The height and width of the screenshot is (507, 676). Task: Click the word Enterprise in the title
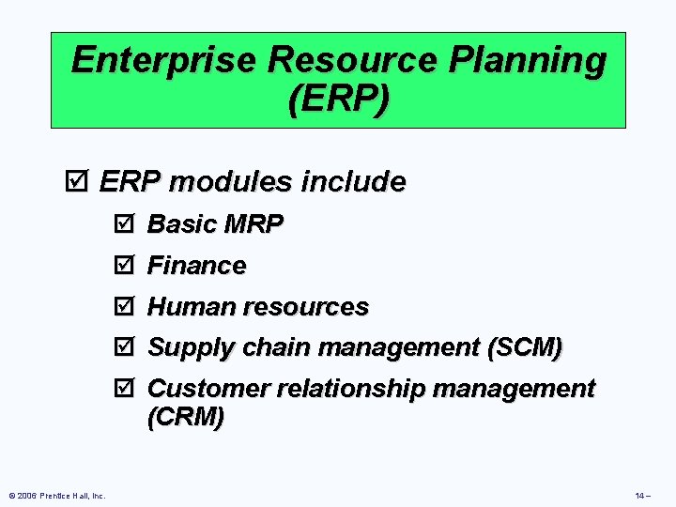164,60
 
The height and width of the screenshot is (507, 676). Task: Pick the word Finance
197,266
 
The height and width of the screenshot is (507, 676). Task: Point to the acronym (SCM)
525,347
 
